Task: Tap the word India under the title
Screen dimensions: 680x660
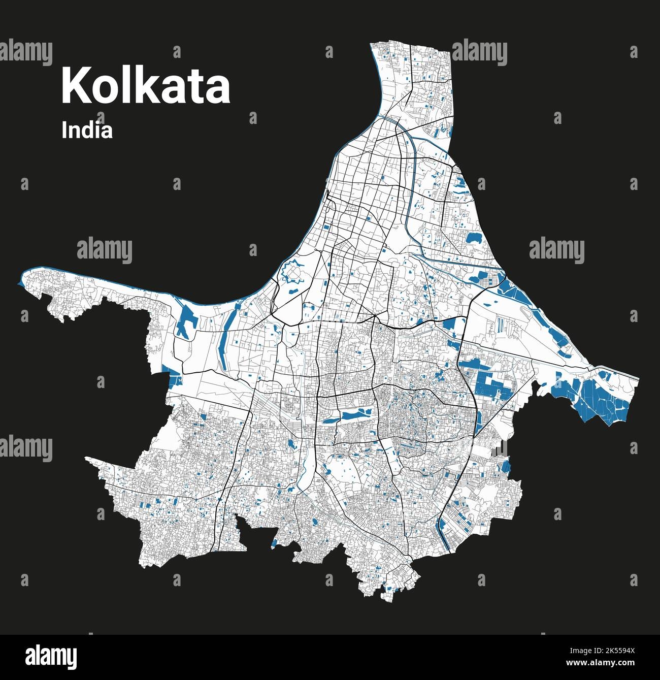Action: tap(87, 131)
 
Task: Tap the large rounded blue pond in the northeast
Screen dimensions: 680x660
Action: tap(475, 237)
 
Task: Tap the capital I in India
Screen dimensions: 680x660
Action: tap(64, 131)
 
